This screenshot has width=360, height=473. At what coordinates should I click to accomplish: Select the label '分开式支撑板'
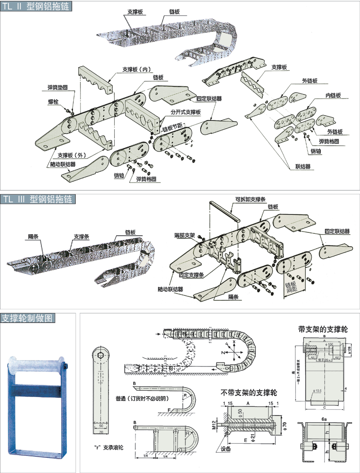pos(185,112)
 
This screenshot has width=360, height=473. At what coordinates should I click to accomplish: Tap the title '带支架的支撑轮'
pos(323,329)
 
